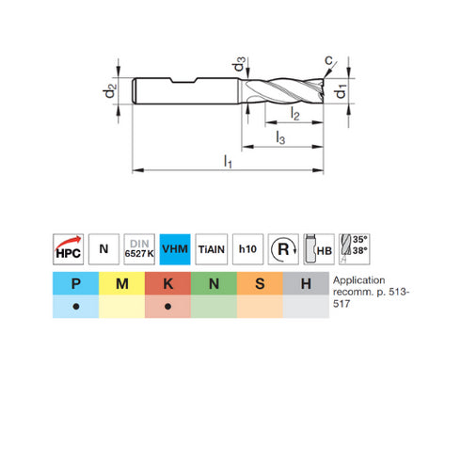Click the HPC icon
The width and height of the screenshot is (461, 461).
[x=67, y=249]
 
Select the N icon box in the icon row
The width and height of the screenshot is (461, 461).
[x=103, y=249]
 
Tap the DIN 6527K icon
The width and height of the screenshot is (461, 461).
[x=140, y=249]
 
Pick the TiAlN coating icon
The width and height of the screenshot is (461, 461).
[x=213, y=249]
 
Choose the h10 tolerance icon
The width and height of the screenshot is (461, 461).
[x=248, y=249]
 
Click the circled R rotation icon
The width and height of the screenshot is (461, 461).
[x=283, y=249]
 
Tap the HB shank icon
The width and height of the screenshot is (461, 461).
[x=319, y=249]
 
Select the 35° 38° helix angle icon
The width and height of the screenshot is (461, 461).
[x=356, y=249]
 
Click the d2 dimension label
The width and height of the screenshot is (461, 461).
[x=111, y=91]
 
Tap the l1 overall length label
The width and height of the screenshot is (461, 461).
[x=229, y=162]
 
